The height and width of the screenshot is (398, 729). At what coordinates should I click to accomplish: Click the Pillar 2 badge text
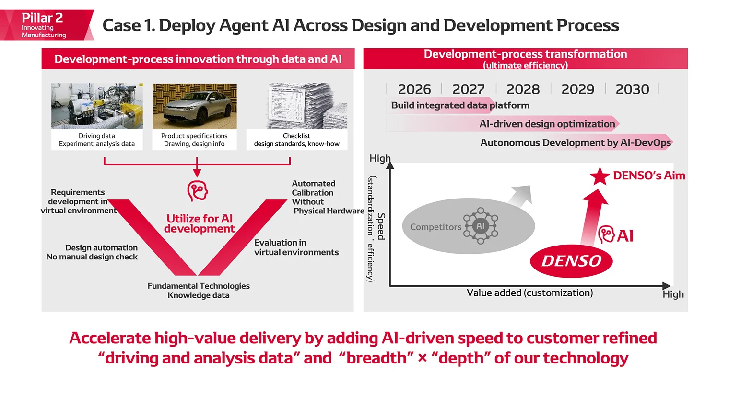[42, 18]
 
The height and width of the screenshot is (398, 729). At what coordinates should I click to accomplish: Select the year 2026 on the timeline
[414, 89]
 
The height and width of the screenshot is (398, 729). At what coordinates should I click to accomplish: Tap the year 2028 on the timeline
[523, 89]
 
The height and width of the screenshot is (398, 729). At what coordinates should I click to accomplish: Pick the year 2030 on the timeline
[632, 89]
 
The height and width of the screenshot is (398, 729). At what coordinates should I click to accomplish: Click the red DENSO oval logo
[571, 261]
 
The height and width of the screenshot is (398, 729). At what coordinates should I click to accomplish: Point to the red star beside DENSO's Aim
[600, 176]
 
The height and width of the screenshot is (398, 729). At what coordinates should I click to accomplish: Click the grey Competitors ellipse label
[435, 227]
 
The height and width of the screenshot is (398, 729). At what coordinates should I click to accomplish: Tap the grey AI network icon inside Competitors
[480, 226]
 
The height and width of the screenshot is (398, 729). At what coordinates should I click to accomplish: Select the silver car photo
[194, 106]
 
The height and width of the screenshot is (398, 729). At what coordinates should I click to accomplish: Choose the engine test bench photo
[97, 106]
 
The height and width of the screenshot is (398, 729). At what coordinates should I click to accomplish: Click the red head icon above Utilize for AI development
[197, 191]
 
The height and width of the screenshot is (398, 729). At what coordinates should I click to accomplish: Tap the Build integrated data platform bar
[460, 105]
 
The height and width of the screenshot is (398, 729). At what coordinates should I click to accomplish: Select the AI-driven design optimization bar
[547, 124]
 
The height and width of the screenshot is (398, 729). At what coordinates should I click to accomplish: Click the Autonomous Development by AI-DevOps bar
[575, 143]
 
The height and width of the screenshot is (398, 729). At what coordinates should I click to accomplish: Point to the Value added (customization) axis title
[529, 293]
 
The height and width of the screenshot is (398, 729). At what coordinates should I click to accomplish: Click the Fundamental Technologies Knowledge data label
[199, 291]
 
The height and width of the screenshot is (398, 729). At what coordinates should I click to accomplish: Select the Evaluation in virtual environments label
[296, 247]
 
